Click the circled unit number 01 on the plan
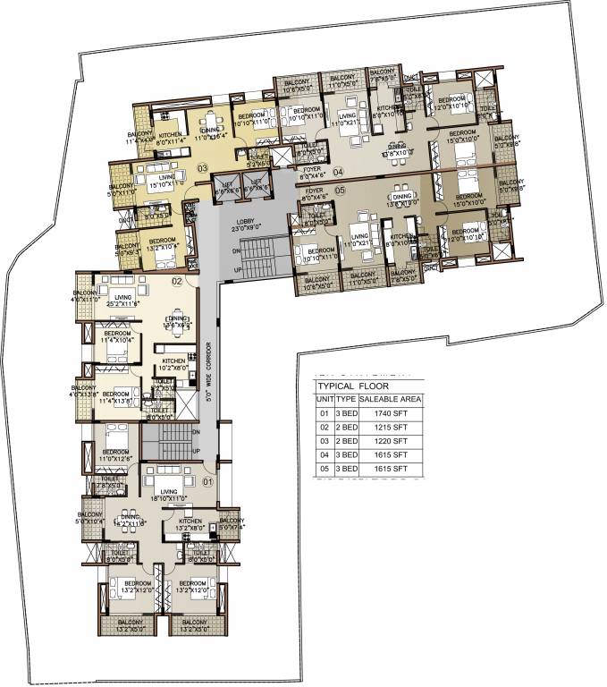209,482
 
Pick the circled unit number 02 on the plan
177,282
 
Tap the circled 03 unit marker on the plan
203,167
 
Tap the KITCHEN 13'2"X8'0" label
193,524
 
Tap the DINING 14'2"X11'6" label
131,521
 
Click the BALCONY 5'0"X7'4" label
231,523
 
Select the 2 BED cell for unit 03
346,442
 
